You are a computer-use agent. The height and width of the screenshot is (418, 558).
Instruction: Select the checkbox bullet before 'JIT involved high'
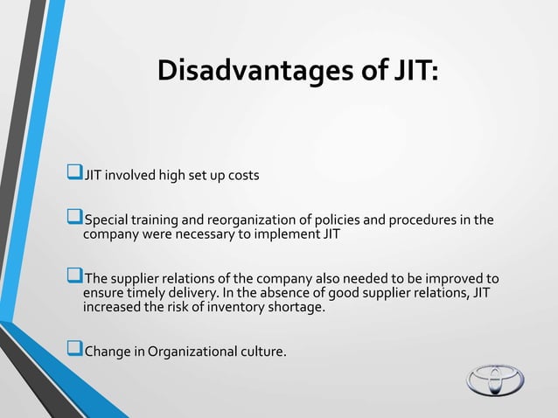75,175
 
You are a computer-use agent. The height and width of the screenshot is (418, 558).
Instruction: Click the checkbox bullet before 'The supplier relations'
75,279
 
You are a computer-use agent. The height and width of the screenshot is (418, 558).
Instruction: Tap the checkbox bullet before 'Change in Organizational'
75,352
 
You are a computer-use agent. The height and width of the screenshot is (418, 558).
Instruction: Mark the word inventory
241,308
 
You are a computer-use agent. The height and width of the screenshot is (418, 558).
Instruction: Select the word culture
259,352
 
